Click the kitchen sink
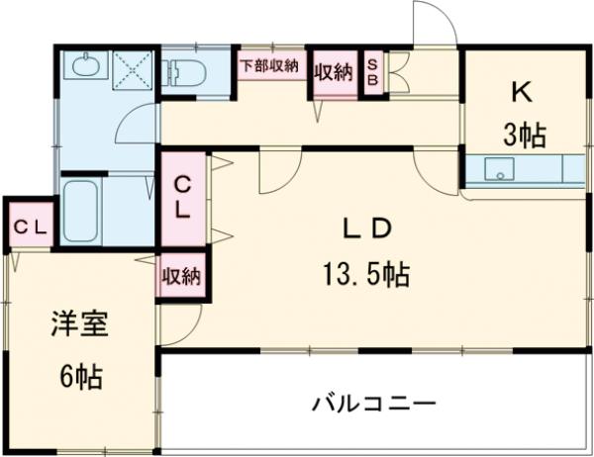click(500, 170)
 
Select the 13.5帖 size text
click(365, 270)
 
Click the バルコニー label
click(373, 404)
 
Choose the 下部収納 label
click(269, 65)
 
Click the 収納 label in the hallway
click(334, 73)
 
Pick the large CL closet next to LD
click(184, 197)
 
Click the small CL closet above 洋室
click(29, 227)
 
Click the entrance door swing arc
click(433, 20)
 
